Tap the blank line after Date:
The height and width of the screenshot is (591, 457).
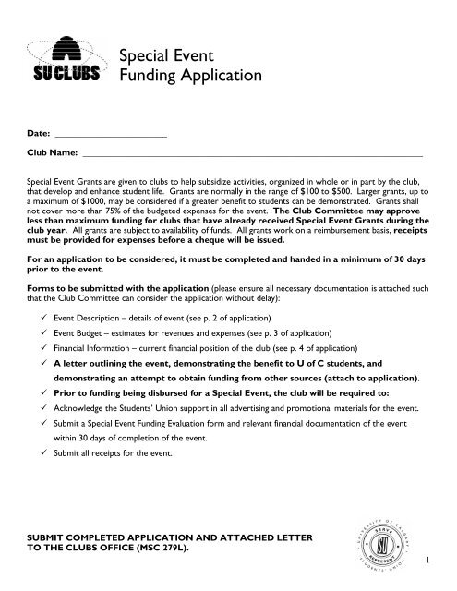click(x=111, y=134)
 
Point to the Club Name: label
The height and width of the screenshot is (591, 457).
click(x=52, y=153)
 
